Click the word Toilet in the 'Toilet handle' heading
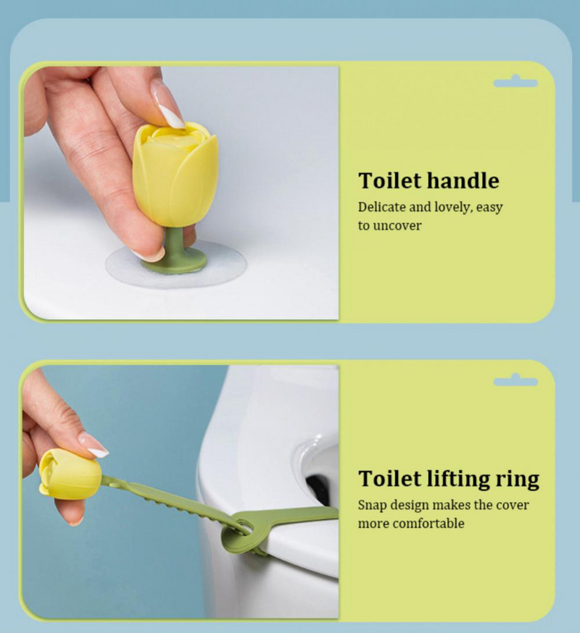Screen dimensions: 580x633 tap(390, 180)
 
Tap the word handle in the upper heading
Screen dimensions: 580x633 tap(463, 180)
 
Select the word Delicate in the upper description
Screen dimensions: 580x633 tap(381, 206)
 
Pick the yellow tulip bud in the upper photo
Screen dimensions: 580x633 tap(175, 175)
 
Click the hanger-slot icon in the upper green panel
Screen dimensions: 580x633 tap(515, 82)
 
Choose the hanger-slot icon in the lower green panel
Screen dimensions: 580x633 tap(515, 381)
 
